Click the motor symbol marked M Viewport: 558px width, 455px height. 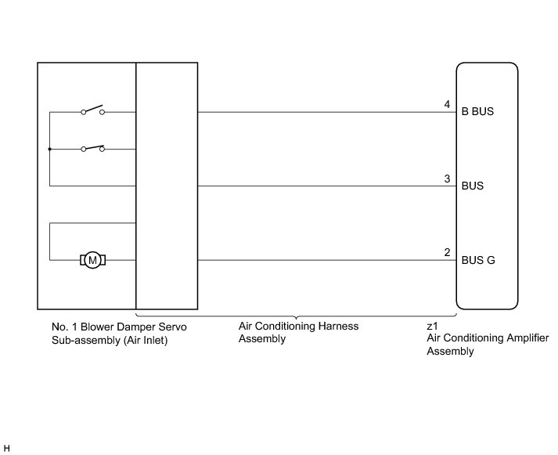(93, 260)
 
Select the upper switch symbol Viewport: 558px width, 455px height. (92, 110)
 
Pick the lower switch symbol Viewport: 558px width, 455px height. (92, 147)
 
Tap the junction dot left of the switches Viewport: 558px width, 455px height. (49, 149)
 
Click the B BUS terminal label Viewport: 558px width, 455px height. (478, 112)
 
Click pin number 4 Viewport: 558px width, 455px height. (447, 104)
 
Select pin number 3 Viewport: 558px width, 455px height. (447, 179)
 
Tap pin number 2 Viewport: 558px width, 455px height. (447, 253)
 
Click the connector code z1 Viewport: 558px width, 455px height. (432, 325)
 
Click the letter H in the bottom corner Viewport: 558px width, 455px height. (6, 447)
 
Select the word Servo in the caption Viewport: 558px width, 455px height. (171, 326)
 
